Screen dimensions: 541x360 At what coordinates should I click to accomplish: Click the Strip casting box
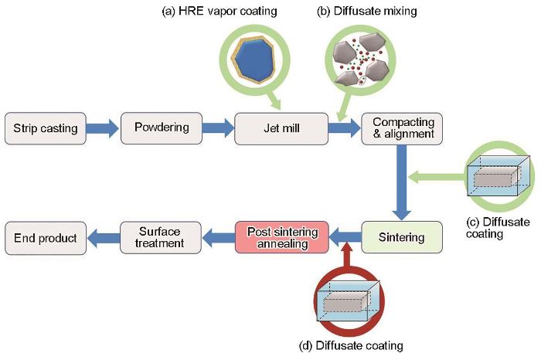tap(45, 128)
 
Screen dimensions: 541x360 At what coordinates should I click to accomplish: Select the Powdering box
tap(162, 128)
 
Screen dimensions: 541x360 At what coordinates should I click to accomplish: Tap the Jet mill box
tap(281, 128)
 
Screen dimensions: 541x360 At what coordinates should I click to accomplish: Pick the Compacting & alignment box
tap(402, 128)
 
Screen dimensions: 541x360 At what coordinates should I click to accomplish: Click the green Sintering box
tap(402, 237)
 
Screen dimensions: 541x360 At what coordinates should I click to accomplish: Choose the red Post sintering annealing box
tap(282, 237)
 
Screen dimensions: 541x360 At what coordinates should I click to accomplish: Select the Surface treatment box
tap(161, 237)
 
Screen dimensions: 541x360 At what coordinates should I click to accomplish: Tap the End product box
tap(46, 238)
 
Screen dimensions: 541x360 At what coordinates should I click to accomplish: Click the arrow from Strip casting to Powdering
tap(103, 128)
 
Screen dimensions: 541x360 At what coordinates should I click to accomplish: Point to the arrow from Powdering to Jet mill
tap(218, 128)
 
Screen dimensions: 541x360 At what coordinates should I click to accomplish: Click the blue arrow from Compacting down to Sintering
tap(402, 182)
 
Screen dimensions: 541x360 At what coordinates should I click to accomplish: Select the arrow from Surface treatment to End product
tap(104, 238)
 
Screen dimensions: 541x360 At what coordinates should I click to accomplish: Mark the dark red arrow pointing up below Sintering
tap(348, 254)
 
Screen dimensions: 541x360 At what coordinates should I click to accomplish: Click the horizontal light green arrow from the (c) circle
tap(437, 177)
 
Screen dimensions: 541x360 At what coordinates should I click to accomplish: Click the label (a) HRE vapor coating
tap(219, 12)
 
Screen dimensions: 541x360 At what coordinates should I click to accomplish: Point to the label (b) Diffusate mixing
tap(367, 12)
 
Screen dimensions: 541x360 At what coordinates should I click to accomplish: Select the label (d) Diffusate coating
tap(351, 346)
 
